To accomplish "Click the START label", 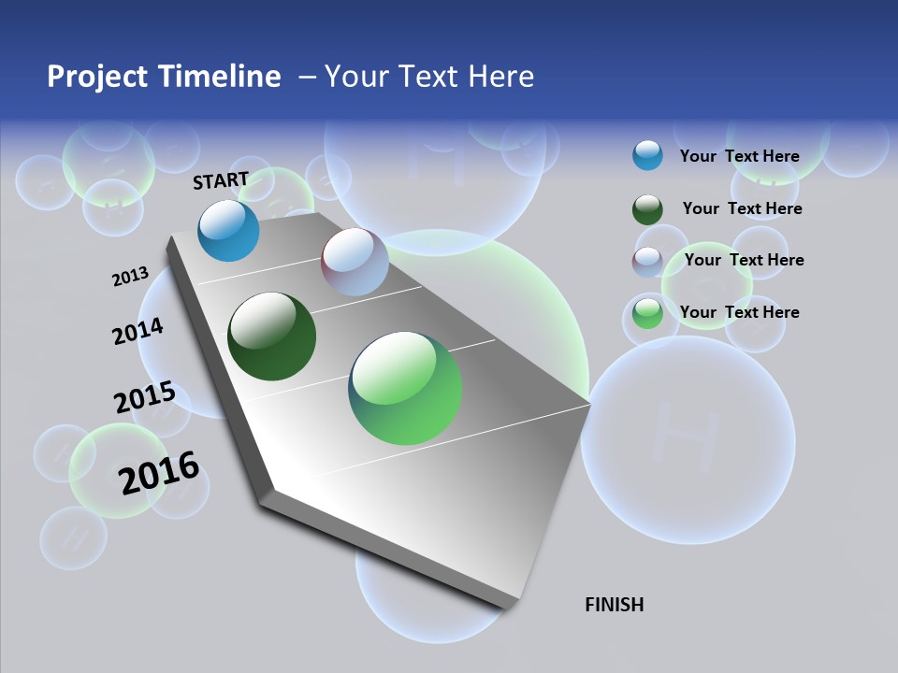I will pyautogui.click(x=221, y=180).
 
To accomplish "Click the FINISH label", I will pyautogui.click(x=614, y=605).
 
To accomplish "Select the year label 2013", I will pyautogui.click(x=130, y=277).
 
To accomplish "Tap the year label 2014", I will pyautogui.click(x=138, y=332).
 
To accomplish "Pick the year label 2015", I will pyautogui.click(x=145, y=397).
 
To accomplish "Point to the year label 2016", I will pyautogui.click(x=159, y=473).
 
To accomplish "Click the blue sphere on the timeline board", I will pyautogui.click(x=228, y=231).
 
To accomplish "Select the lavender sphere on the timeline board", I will pyautogui.click(x=355, y=262).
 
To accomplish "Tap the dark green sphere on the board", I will pyautogui.click(x=271, y=336).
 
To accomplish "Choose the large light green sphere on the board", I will pyautogui.click(x=405, y=388).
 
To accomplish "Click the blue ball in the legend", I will pyautogui.click(x=647, y=155).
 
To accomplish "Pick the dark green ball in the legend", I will pyautogui.click(x=647, y=209).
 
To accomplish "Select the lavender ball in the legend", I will pyautogui.click(x=647, y=261).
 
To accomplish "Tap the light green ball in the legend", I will pyautogui.click(x=647, y=313).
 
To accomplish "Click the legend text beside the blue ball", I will pyautogui.click(x=739, y=156).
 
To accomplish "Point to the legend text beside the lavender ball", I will pyautogui.click(x=744, y=260).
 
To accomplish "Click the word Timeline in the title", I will pyautogui.click(x=220, y=77).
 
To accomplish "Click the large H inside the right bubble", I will pyautogui.click(x=676, y=429).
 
